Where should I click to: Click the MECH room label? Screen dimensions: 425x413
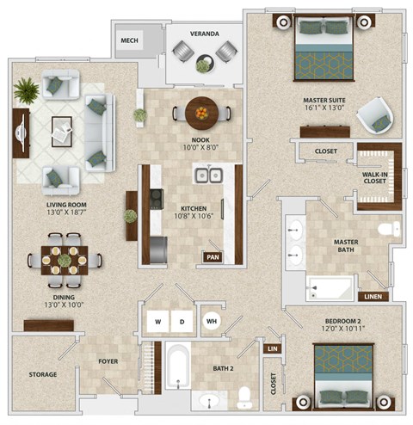point(130,40)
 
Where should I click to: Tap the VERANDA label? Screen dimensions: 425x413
point(204,34)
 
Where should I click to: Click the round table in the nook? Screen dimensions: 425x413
point(201,111)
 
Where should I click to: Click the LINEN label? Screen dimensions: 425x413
point(373,297)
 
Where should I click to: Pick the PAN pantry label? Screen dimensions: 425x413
point(211,256)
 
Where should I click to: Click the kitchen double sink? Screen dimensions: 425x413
point(206,176)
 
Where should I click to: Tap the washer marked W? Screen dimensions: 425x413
point(157,322)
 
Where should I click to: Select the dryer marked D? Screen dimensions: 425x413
point(182,322)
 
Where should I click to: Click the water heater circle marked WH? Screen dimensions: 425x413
point(211,322)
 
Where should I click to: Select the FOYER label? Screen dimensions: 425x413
point(108,361)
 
